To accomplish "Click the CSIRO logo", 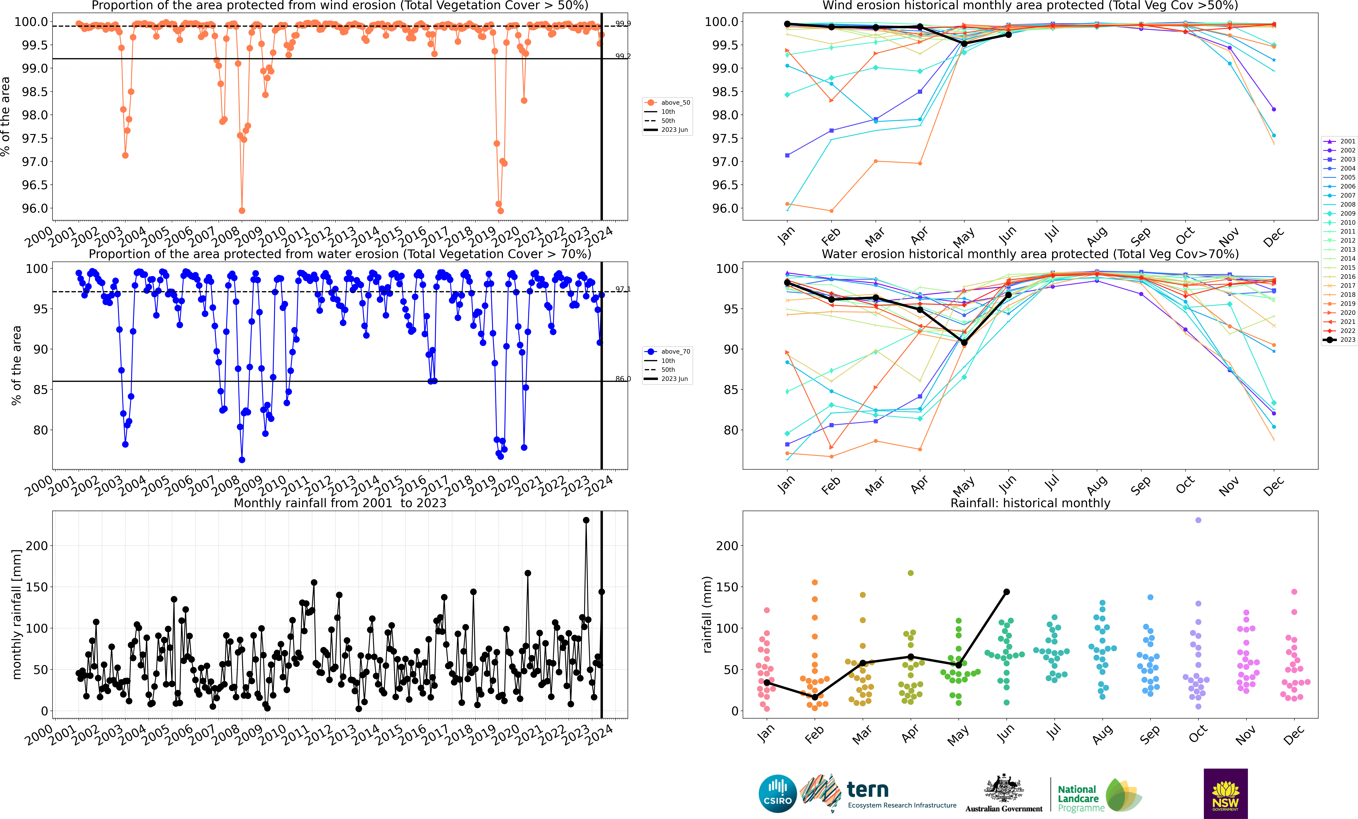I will (777, 794).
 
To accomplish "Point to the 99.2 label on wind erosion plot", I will (623, 56).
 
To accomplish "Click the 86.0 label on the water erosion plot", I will (623, 379).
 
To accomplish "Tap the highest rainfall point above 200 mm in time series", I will (586, 520).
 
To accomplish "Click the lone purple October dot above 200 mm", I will (1198, 520).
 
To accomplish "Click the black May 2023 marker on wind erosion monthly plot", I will (964, 43).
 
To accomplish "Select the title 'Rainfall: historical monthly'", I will (1030, 503).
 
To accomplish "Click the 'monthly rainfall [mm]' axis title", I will (17, 614).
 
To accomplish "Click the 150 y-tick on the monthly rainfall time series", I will (37, 587).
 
